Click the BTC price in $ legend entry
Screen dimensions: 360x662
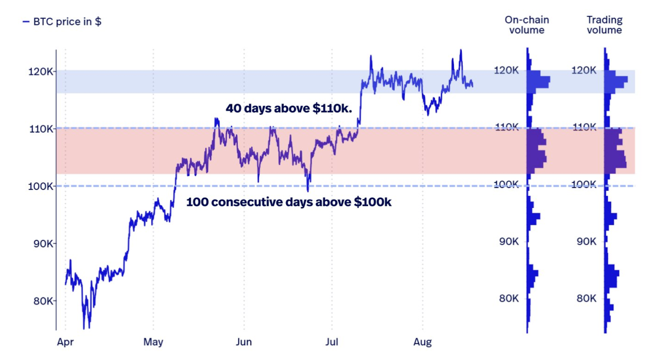(62, 22)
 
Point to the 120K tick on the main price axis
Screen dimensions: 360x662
(40, 72)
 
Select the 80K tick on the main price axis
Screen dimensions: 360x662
(43, 301)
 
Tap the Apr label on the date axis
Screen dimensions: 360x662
(65, 342)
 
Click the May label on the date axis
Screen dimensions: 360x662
(153, 342)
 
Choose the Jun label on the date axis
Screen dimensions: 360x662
(244, 342)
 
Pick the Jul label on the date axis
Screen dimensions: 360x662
(331, 342)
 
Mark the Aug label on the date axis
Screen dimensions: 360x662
(422, 342)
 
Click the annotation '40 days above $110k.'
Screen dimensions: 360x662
(288, 108)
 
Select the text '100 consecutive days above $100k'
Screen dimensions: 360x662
(288, 202)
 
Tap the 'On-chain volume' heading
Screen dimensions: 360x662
(527, 25)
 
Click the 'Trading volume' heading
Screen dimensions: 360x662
(604, 25)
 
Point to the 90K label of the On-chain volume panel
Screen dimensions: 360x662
(508, 241)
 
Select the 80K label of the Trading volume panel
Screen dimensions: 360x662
(586, 298)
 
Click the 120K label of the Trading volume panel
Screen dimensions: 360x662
(583, 70)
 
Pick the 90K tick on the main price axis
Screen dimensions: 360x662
(43, 243)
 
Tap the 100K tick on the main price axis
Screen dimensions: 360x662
(40, 186)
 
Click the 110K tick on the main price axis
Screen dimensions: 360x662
(41, 129)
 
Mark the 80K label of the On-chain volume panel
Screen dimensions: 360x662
(508, 298)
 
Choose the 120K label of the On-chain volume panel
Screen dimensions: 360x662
(506, 70)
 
